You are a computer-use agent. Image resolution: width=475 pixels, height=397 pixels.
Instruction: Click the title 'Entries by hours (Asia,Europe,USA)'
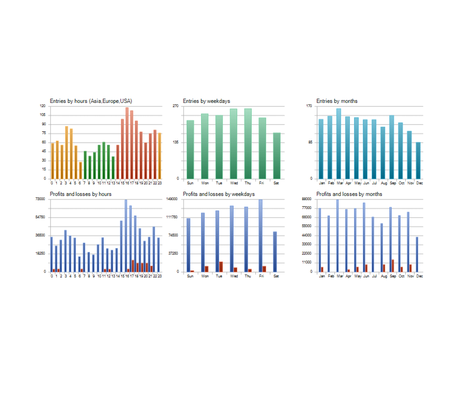[x=91, y=101]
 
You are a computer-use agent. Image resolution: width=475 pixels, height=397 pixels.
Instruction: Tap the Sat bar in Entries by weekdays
[x=277, y=156]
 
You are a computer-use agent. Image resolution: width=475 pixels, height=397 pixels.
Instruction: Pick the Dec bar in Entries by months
[x=419, y=160]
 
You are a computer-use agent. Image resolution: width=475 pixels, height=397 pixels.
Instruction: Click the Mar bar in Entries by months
[x=339, y=143]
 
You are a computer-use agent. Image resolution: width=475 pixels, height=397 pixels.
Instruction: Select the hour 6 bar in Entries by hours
[x=81, y=170]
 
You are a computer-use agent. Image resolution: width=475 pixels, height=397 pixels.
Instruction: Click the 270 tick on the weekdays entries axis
[x=176, y=106]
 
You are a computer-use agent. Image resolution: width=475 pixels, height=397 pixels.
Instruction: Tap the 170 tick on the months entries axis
[x=309, y=106]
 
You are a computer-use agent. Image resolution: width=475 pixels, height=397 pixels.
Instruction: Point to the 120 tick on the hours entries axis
[x=42, y=106]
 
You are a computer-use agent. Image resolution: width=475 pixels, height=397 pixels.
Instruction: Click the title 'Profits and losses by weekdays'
[x=219, y=194]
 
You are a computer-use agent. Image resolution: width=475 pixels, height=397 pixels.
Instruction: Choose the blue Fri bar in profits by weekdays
[x=261, y=236]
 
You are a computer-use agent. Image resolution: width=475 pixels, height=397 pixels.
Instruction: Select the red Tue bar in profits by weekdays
[x=221, y=267]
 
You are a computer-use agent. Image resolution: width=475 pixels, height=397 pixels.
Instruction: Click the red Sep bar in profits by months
[x=393, y=266]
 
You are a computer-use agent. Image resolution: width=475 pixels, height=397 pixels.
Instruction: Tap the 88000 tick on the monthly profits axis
[x=308, y=199]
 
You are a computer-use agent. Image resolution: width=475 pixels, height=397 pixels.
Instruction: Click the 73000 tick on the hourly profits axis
[x=41, y=199]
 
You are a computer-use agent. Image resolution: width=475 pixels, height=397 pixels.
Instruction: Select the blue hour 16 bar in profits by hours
[x=126, y=236]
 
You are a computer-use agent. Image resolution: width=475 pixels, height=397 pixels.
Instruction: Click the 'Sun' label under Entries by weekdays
[x=190, y=182]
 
